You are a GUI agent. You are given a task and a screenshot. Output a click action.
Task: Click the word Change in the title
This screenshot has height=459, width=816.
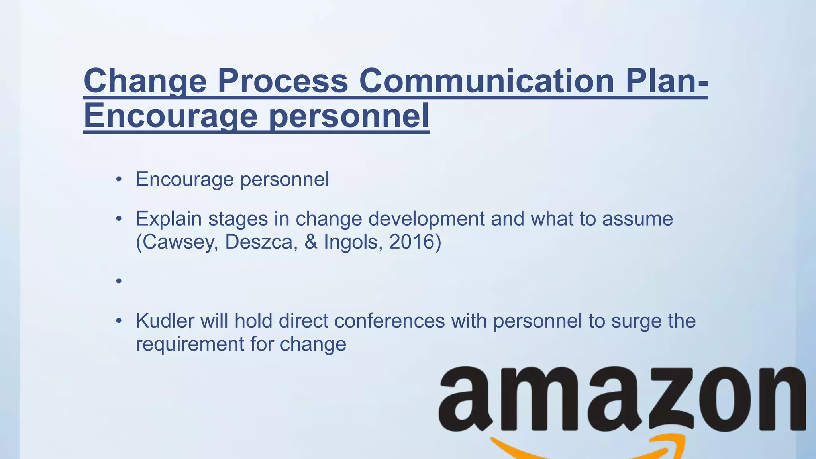pyautogui.click(x=145, y=81)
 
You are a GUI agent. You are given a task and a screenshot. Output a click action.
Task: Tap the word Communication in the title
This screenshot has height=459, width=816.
pyautogui.click(x=486, y=81)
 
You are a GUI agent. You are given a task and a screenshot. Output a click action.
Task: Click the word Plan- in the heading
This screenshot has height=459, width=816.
pyautogui.click(x=667, y=81)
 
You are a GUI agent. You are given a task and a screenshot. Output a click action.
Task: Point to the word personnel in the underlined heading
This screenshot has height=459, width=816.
pyautogui.click(x=349, y=116)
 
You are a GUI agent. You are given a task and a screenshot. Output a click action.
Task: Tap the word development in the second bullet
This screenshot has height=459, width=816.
pyautogui.click(x=426, y=219)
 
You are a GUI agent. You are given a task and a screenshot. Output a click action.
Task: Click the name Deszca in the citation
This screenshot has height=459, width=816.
pyautogui.click(x=261, y=242)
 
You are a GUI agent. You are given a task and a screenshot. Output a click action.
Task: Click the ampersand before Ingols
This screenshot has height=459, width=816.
pyautogui.click(x=311, y=242)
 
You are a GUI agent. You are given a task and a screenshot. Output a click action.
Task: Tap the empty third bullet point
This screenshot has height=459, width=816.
pyautogui.click(x=119, y=281)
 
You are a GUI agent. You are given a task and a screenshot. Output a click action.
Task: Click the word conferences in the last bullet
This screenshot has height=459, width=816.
pyautogui.click(x=389, y=321)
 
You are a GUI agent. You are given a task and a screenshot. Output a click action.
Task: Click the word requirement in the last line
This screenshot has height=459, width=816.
pyautogui.click(x=190, y=344)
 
